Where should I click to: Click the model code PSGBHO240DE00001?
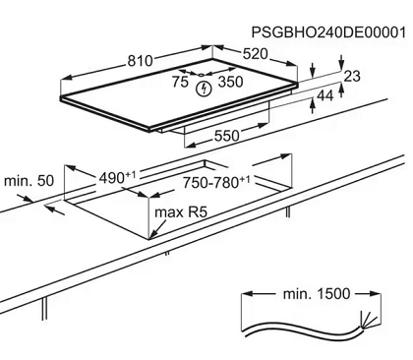coord(328,32)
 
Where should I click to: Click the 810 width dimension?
coord(140,61)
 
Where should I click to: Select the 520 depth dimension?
coord(255,54)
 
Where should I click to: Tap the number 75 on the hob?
coord(180,82)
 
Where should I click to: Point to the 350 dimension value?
coord(230,82)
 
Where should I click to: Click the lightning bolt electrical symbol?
coord(204,89)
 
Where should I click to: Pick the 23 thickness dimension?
coord(352,76)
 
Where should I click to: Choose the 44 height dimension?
coord(325,95)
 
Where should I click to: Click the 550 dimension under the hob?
coord(226,136)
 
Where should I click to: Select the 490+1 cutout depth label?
coord(117,177)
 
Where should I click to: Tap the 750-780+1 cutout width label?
coord(216,182)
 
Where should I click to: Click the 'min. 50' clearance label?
coord(29,181)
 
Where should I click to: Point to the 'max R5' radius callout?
coord(181,212)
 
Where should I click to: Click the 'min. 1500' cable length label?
coord(317,294)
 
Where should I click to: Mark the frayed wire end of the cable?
coord(366,320)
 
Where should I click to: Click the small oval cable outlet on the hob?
coord(201,75)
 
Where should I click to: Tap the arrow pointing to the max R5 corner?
coord(158,228)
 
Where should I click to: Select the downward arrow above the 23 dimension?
coord(341,62)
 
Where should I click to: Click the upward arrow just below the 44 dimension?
coord(313,106)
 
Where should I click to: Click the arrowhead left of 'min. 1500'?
coord(248,293)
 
